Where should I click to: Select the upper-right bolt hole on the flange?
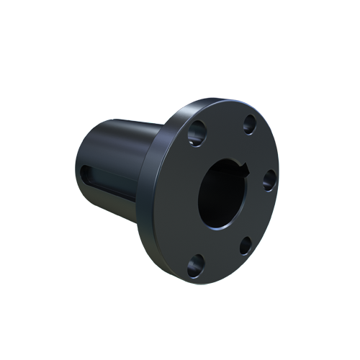tap(249, 124)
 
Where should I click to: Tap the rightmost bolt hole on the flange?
tap(269, 179)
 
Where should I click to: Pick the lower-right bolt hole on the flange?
tap(246, 246)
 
